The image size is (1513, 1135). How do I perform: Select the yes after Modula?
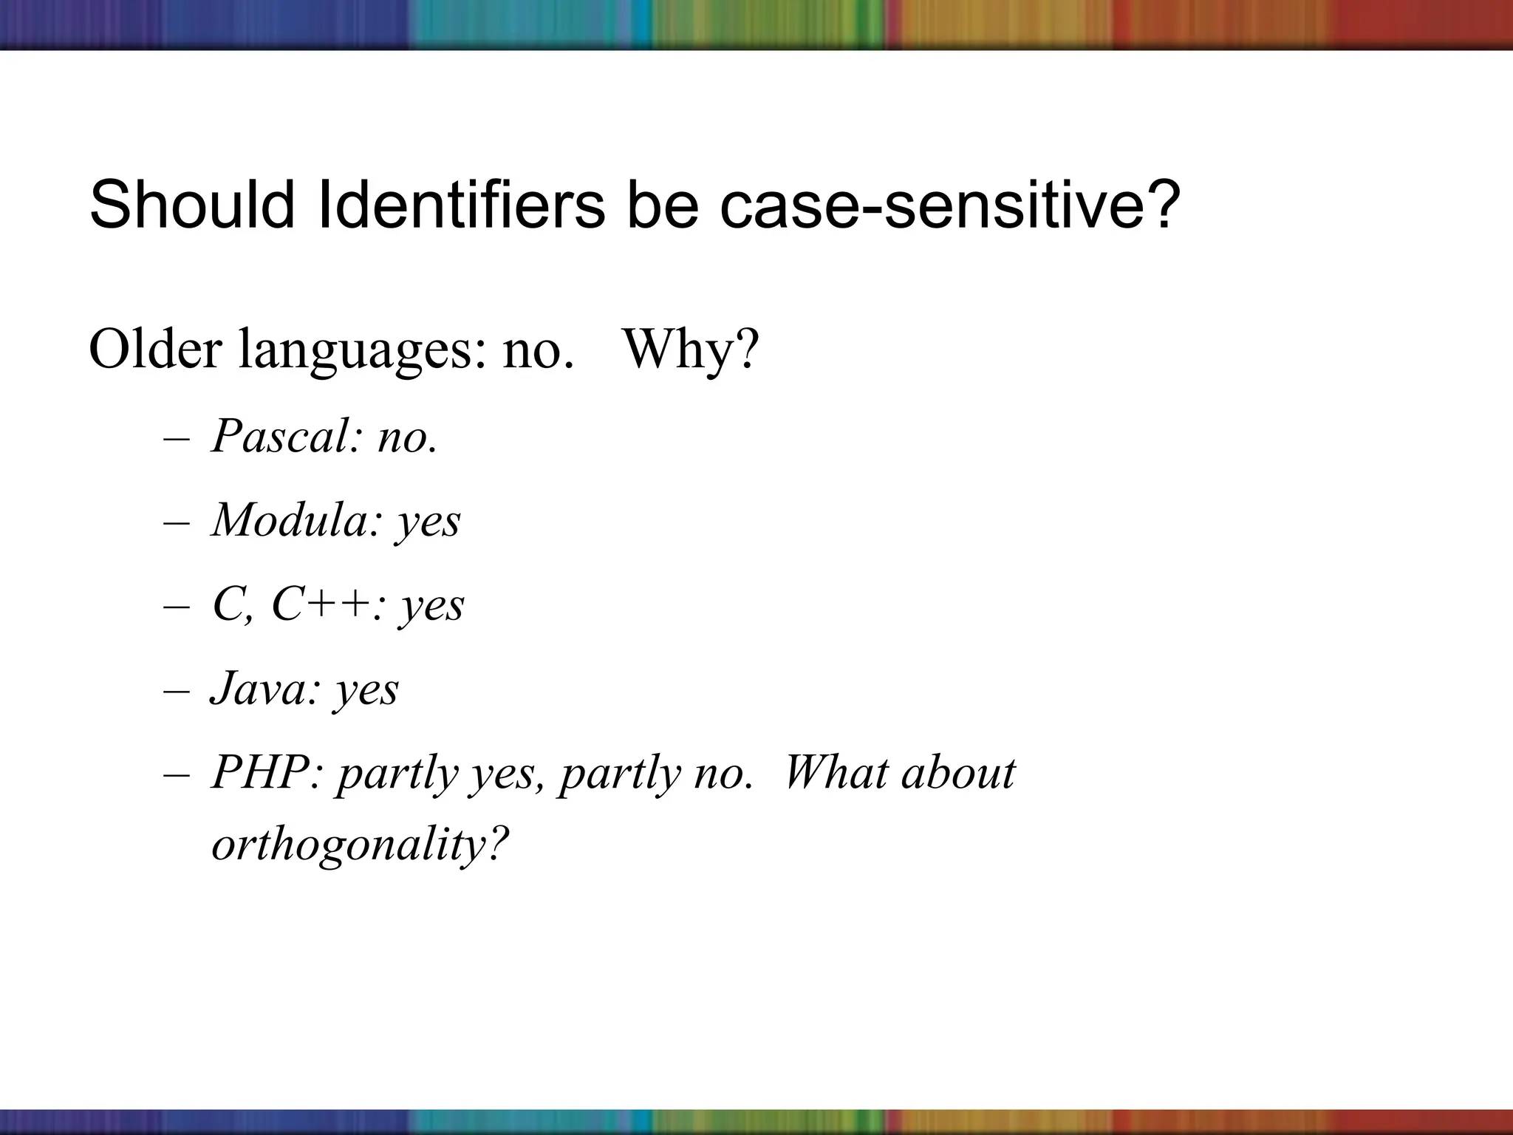[428, 522]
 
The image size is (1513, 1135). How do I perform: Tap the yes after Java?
[366, 691]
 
